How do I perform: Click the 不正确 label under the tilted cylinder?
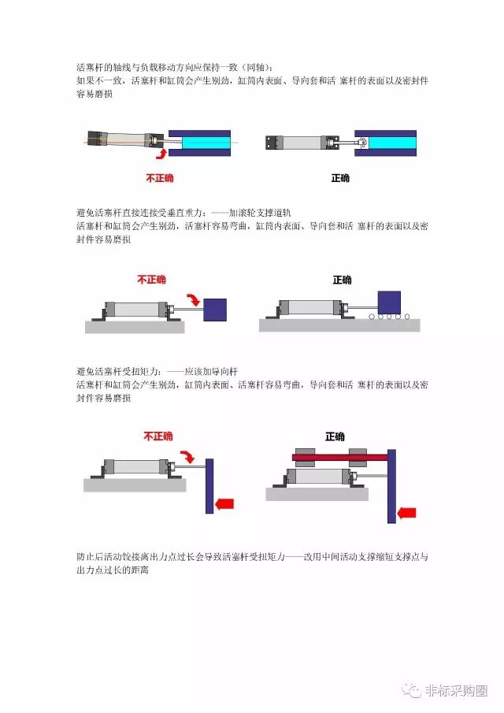[160, 178]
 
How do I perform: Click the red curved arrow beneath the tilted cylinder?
[161, 154]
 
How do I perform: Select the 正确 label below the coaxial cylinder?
[340, 178]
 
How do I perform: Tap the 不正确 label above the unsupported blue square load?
[152, 279]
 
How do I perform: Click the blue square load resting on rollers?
[390, 303]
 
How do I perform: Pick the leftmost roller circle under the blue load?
[372, 317]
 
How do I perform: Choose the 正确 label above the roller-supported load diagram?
[343, 280]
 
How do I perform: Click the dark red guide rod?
[340, 457]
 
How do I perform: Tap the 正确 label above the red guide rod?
[335, 436]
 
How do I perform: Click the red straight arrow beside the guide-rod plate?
[407, 513]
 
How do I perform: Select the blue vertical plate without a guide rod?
[209, 486]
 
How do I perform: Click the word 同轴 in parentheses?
[255, 68]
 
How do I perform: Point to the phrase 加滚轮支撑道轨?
[260, 213]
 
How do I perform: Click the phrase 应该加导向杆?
[211, 372]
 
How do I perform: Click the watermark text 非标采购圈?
[456, 690]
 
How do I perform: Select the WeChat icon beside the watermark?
[411, 690]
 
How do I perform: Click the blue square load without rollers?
[215, 310]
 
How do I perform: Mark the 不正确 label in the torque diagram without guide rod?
[158, 436]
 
